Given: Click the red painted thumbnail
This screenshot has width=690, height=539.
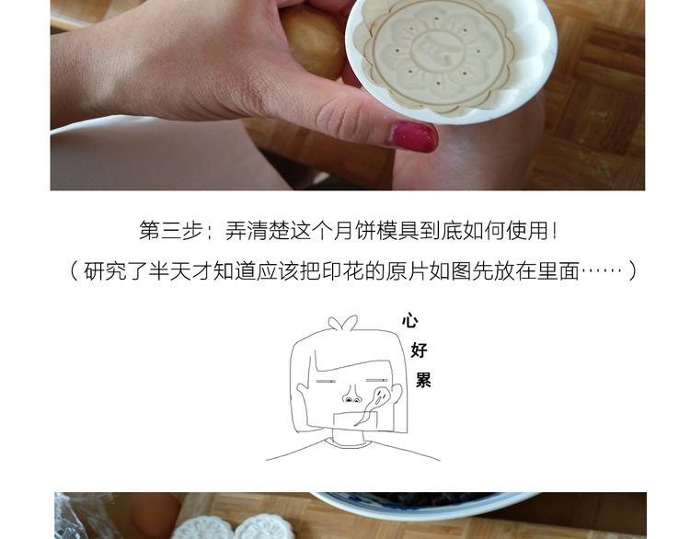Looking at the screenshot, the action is [x=412, y=136].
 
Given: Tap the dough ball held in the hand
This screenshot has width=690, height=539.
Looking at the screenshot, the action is [x=314, y=40].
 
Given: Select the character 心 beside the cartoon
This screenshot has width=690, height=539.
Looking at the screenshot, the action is [x=409, y=320].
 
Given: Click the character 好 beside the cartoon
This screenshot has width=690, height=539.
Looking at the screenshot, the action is [x=419, y=350].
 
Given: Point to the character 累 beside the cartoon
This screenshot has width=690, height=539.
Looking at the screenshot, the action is [x=423, y=380].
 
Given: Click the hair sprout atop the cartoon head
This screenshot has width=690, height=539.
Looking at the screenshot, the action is [x=343, y=323].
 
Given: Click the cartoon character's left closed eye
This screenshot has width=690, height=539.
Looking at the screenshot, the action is [x=325, y=381].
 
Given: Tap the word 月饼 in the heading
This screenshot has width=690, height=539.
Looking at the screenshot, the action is [x=354, y=230].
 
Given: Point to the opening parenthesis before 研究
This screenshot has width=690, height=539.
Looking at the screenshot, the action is [x=74, y=271].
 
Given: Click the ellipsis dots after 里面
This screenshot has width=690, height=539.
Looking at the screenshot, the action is [x=602, y=271].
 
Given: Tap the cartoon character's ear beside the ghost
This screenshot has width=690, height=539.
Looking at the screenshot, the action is [x=397, y=393].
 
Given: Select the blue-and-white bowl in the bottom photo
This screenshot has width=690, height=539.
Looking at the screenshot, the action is [x=425, y=505].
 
